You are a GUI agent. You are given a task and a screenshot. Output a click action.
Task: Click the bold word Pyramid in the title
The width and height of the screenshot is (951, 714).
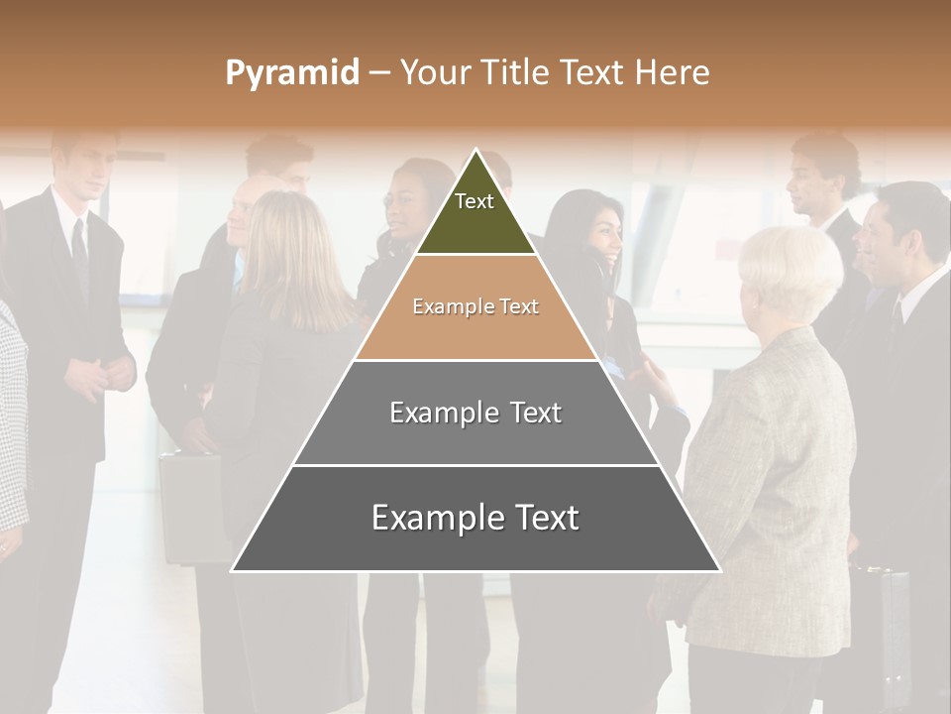tap(291, 73)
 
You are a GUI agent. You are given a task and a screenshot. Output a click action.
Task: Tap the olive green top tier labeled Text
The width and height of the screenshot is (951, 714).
tap(475, 213)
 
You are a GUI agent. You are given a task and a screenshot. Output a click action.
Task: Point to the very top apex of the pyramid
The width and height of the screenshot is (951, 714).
tap(475, 153)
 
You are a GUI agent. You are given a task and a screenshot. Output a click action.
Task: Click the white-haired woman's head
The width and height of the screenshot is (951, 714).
tap(790, 273)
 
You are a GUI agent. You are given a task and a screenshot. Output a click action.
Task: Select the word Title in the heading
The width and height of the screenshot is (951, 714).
tap(515, 73)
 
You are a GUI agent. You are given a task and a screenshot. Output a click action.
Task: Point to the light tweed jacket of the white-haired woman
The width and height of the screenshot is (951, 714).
tap(773, 476)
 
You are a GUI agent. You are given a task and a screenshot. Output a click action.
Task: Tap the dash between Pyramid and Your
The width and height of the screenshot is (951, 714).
tap(379, 73)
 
